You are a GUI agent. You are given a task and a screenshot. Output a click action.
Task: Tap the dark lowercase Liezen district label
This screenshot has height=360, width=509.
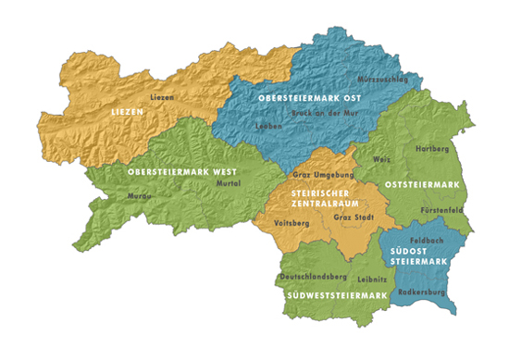pos(161,97)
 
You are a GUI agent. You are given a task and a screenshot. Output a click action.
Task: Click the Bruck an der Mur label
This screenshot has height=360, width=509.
pos(324,113)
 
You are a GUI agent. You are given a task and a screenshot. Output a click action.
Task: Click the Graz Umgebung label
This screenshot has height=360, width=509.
pos(319,174)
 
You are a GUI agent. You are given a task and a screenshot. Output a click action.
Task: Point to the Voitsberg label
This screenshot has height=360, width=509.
pos(292,223)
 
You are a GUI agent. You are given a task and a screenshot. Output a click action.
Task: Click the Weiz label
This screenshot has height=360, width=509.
pos(381,160)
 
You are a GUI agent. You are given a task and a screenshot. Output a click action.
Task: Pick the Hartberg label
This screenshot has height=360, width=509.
pos(431,148)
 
